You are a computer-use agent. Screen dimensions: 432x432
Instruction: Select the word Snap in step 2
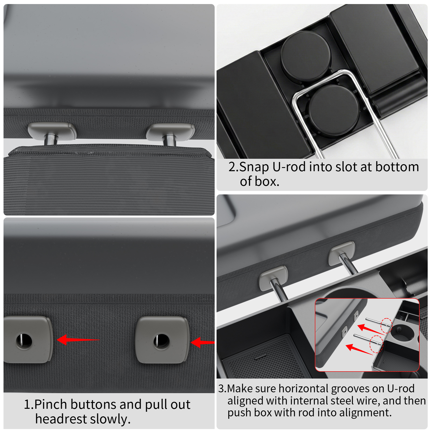click(254, 167)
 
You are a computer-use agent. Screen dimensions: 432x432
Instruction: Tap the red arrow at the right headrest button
click(202, 342)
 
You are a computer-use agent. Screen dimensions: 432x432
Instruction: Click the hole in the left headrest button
click(24, 340)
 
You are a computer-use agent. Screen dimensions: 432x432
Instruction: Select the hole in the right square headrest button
click(162, 340)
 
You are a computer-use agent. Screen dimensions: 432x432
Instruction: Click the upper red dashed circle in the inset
click(386, 325)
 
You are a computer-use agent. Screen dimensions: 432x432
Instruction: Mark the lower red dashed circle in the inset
click(376, 344)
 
